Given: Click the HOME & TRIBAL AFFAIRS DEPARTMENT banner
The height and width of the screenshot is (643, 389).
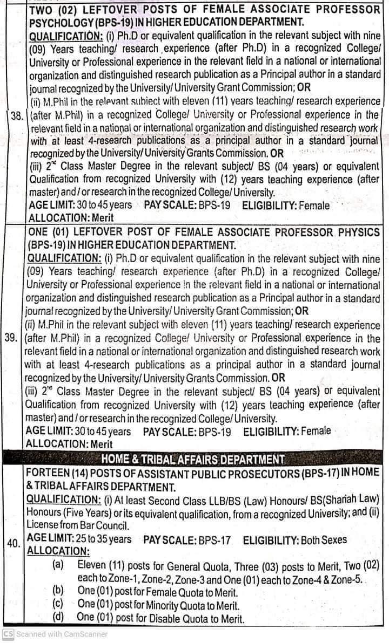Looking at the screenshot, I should point(193,459).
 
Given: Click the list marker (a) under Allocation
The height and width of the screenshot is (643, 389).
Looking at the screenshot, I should point(58,564).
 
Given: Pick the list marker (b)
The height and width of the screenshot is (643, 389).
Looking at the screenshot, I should point(58,591).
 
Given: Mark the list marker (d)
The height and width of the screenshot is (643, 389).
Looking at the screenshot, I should point(58,618).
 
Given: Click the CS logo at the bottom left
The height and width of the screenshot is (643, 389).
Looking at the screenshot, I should point(8,634).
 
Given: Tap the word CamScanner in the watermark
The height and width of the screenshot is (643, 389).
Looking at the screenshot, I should point(82,634).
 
